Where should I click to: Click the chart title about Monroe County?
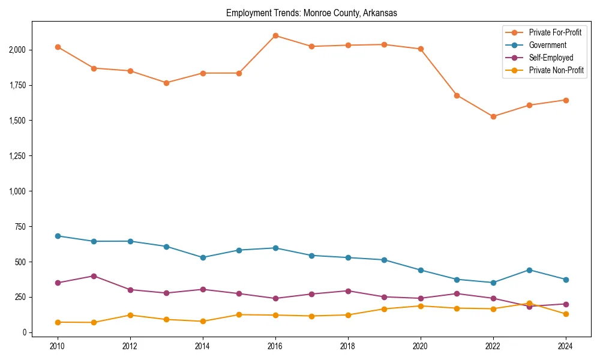point(311,13)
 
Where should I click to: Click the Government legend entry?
point(547,45)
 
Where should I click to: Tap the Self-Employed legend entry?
point(551,58)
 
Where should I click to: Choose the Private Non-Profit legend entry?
point(556,70)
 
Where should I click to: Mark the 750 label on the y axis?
point(19,227)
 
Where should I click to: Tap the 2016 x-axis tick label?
point(275,346)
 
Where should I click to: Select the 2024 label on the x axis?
point(565,346)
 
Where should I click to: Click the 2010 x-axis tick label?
point(58,346)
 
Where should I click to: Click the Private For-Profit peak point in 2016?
point(275,35)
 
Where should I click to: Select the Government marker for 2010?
point(58,236)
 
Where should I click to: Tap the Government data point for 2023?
point(529,270)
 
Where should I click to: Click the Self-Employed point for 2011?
point(94,276)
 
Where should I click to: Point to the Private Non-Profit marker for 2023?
point(529,304)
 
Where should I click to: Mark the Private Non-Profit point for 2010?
point(58,322)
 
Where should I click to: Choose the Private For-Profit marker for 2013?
point(167,83)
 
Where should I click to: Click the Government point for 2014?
point(203,257)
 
